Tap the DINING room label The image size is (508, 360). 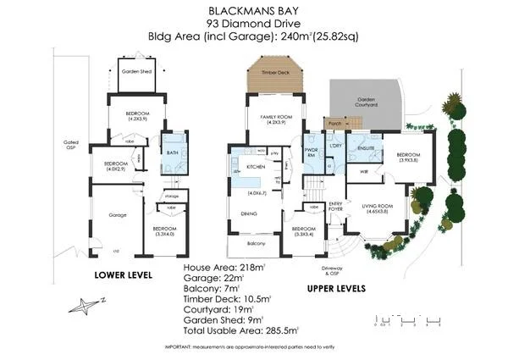click(250, 213)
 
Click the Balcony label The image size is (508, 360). click(257, 244)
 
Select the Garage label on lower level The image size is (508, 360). click(118, 215)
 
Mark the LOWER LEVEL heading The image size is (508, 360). click(124, 275)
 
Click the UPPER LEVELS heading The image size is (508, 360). click(337, 288)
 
